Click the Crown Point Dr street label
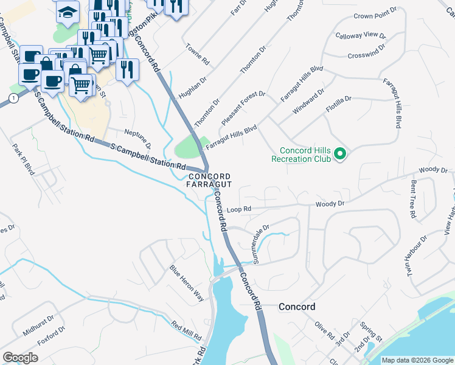coord(375,17)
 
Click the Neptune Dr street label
coord(138,138)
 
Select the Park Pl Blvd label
coord(23,159)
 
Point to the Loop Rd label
coord(238,209)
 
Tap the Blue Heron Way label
coord(186,283)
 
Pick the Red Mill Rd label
coord(186,332)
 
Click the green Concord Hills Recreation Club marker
coord(341,155)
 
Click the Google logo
coord(20,358)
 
